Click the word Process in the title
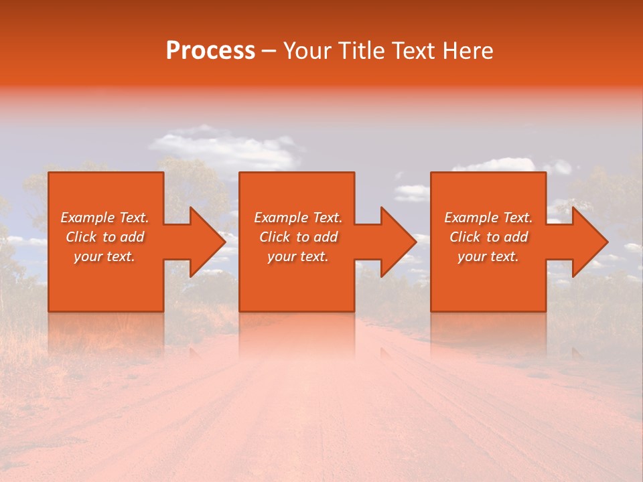[x=210, y=51]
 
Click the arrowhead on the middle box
[x=397, y=242]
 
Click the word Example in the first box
[x=87, y=218]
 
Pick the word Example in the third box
[x=471, y=218]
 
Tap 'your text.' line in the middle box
[x=298, y=256]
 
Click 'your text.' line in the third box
[x=488, y=256]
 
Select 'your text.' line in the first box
[x=104, y=256]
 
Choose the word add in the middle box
[x=326, y=237]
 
